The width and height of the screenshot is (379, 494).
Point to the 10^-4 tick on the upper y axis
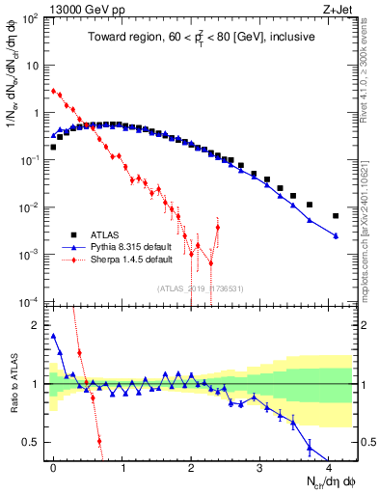32,301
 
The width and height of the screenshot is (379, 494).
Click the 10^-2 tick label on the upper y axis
32,207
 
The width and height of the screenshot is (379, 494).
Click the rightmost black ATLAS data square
336,216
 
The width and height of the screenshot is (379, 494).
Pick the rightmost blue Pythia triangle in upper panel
336,235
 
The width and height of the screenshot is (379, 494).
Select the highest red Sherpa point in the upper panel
53,91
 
